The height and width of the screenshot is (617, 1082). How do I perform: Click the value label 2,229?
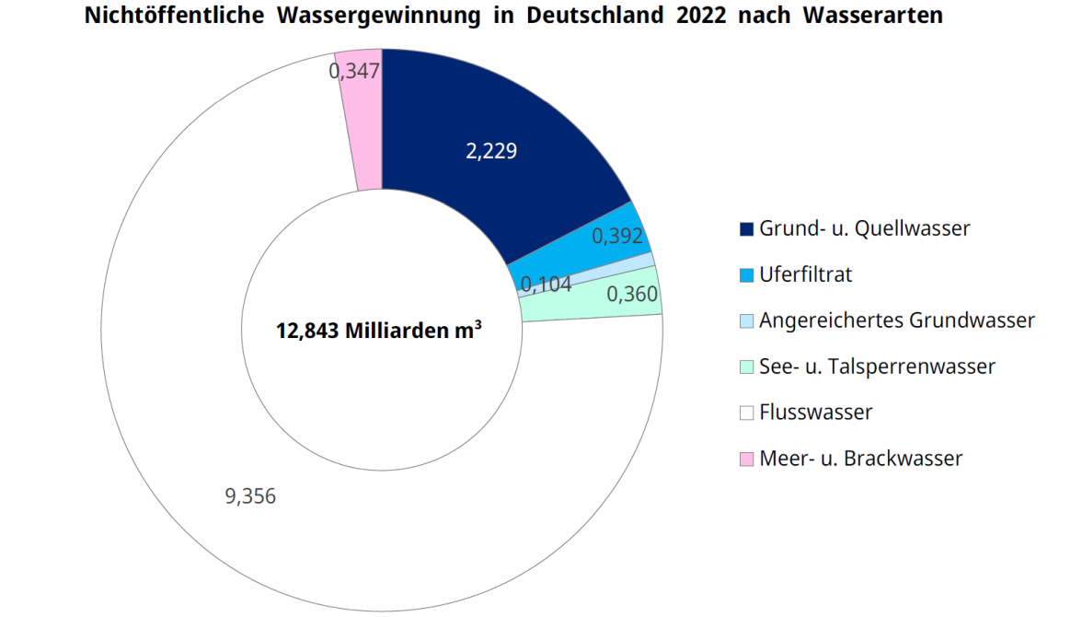pos(491,151)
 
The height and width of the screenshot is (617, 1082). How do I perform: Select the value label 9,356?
pos(250,496)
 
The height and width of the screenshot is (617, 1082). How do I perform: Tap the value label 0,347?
pos(354,71)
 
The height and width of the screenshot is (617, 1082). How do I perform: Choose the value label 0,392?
pos(617,236)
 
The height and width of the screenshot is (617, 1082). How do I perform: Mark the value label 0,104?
pos(546,285)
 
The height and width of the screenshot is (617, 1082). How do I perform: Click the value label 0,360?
pos(632,295)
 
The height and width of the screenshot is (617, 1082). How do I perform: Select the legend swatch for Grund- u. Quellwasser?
pos(746,228)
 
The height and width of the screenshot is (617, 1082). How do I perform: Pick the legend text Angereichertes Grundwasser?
pos(896,320)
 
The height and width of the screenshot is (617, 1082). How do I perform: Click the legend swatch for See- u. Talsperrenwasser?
pos(746,367)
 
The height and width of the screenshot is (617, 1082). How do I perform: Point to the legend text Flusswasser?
pos(815,413)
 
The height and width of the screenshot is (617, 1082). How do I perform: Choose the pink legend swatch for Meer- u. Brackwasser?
pos(746,459)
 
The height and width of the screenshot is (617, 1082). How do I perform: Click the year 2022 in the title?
pos(705,16)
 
